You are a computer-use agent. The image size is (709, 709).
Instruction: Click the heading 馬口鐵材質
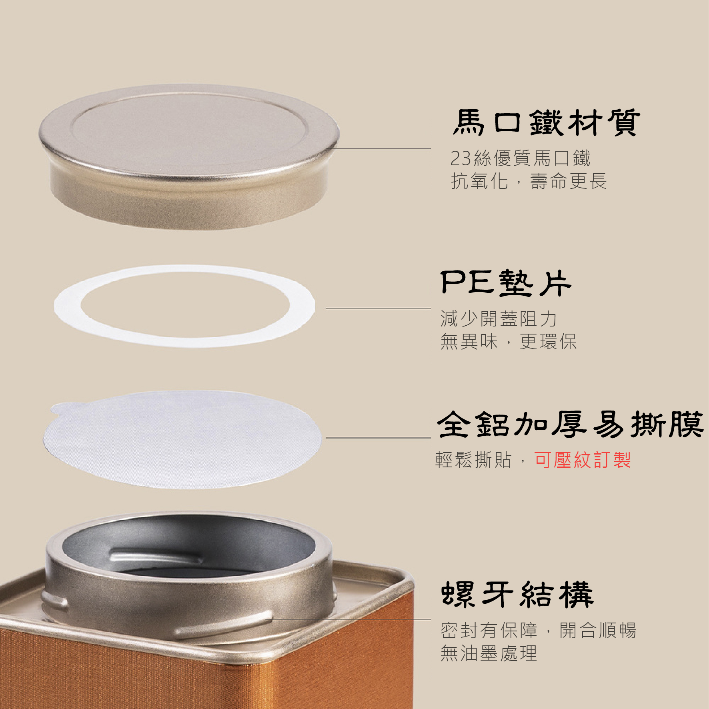pyautogui.click(x=546, y=123)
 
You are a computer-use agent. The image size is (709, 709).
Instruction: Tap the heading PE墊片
pyautogui.click(x=506, y=283)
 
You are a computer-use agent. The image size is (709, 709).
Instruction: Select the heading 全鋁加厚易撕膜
pyautogui.click(x=570, y=425)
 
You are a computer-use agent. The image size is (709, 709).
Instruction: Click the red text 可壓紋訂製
pyautogui.click(x=583, y=460)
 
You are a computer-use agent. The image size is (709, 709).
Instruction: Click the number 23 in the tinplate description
pyautogui.click(x=461, y=158)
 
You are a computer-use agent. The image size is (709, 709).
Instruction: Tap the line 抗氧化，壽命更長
pyautogui.click(x=529, y=181)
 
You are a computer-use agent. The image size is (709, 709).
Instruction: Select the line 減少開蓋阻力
pyautogui.click(x=499, y=319)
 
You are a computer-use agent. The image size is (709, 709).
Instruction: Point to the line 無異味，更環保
pyautogui.click(x=509, y=342)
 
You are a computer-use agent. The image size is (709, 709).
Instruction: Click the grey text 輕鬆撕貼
pyautogui.click(x=473, y=460)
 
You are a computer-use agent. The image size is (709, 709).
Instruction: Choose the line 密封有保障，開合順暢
pyautogui.click(x=538, y=631)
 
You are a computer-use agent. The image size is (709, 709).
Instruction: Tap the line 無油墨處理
pyautogui.click(x=489, y=653)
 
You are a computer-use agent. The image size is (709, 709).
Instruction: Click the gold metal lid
pyautogui.click(x=189, y=156)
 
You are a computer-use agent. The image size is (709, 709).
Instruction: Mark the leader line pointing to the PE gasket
pyautogui.click(x=379, y=308)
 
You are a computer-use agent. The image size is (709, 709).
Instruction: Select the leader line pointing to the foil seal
pyautogui.click(x=379, y=438)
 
